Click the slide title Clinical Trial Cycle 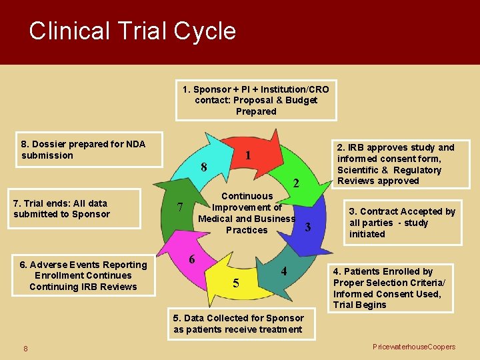pos(132,31)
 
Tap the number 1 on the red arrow pos(247,156)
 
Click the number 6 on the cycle pos(191,259)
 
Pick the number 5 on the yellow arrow pos(236,283)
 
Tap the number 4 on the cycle pos(283,271)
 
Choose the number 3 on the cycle pos(307,227)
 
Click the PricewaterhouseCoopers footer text pos(414,347)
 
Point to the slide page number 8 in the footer pos(25,348)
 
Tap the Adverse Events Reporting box pos(83,275)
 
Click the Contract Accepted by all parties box pos(402,223)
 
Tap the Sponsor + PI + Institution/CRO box pos(256,100)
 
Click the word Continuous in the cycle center pos(247,196)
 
